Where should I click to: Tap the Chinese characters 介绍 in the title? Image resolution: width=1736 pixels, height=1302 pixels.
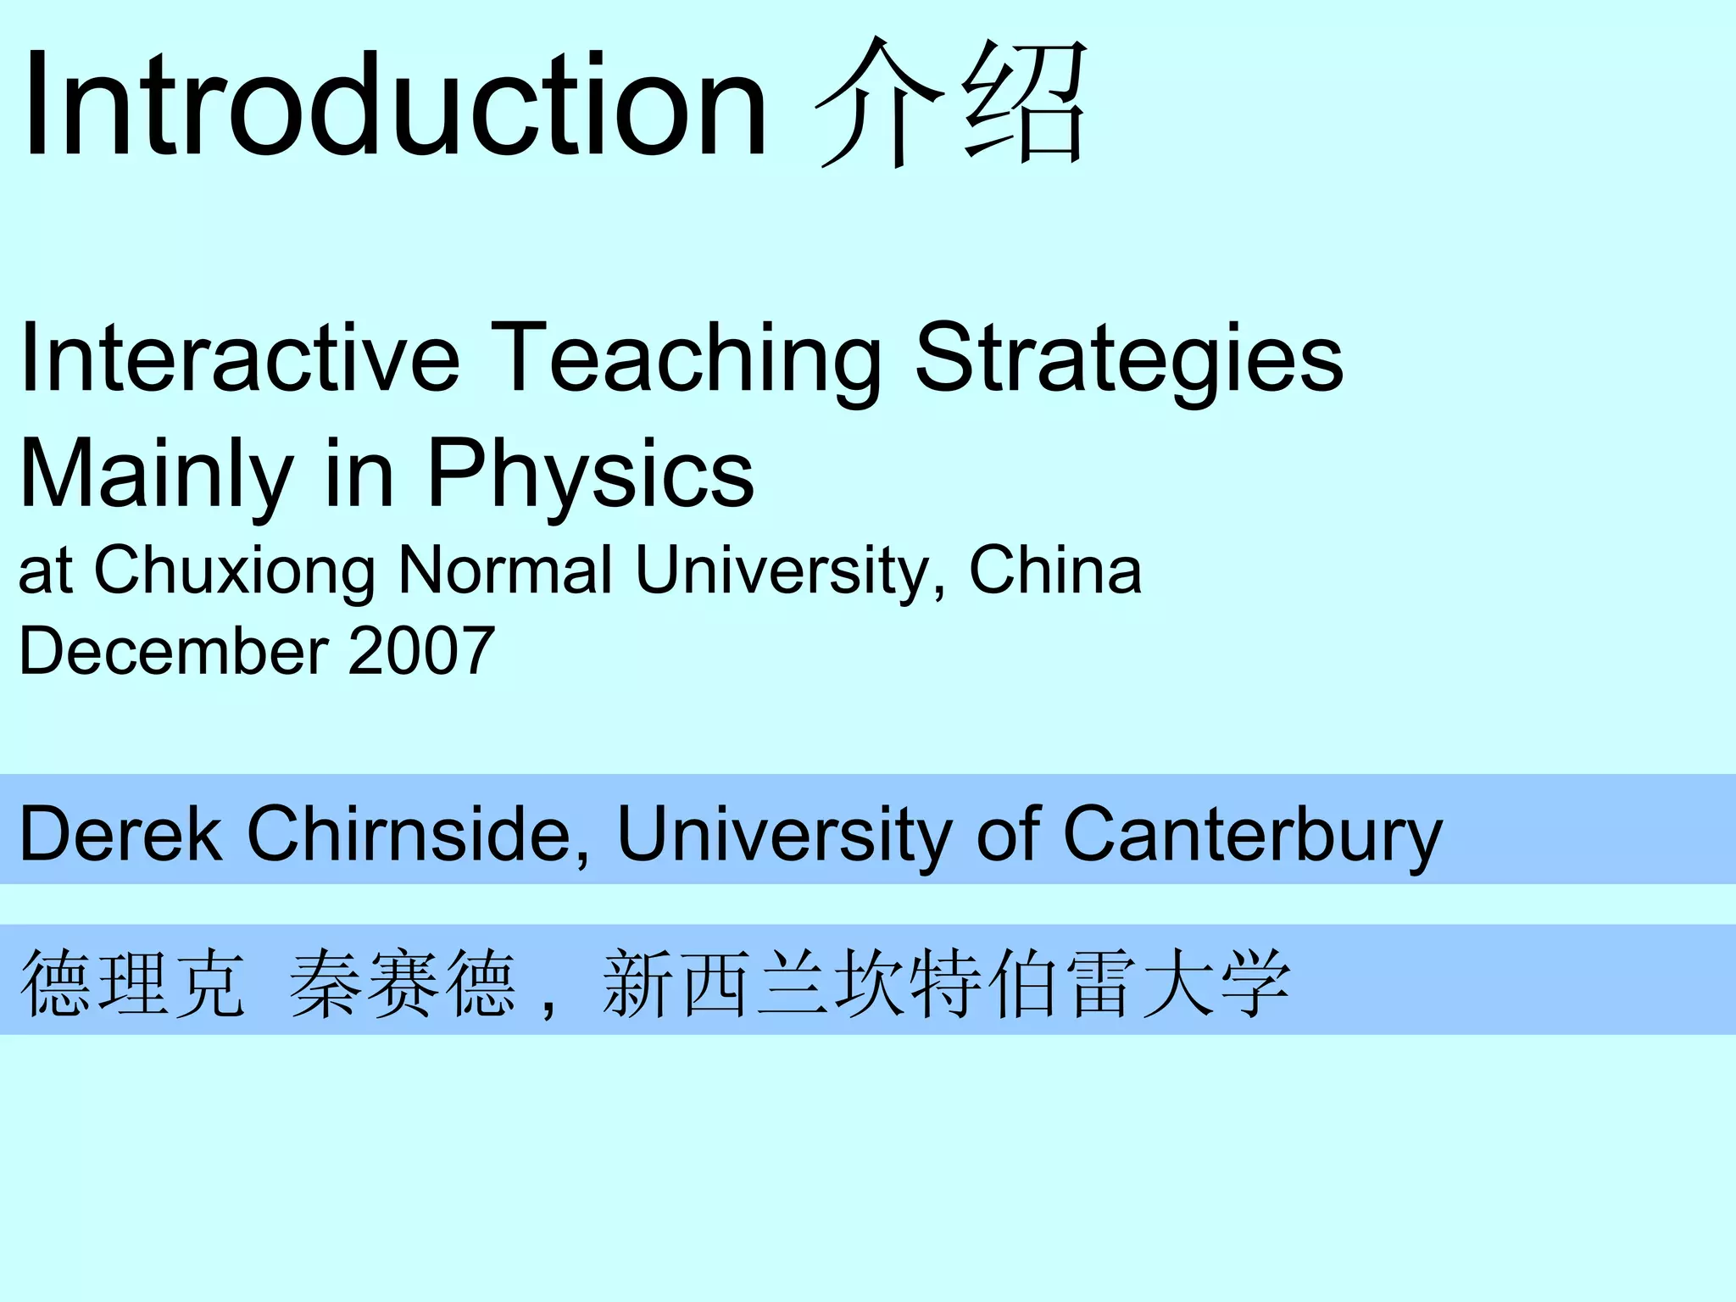pos(949,103)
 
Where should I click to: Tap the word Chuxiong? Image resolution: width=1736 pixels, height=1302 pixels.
pos(235,570)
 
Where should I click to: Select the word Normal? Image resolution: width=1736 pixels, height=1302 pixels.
pos(505,570)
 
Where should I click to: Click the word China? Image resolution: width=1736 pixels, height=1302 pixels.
pos(1055,570)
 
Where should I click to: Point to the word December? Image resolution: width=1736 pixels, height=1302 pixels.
pos(174,651)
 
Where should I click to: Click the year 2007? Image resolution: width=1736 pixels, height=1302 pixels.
pos(421,651)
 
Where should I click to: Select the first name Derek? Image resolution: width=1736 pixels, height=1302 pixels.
pos(120,834)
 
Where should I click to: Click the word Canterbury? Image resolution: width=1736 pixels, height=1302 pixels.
pos(1252,834)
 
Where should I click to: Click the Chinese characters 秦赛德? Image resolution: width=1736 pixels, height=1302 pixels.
pos(403,983)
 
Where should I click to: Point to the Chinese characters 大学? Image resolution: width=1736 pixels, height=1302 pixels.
pos(1216,983)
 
